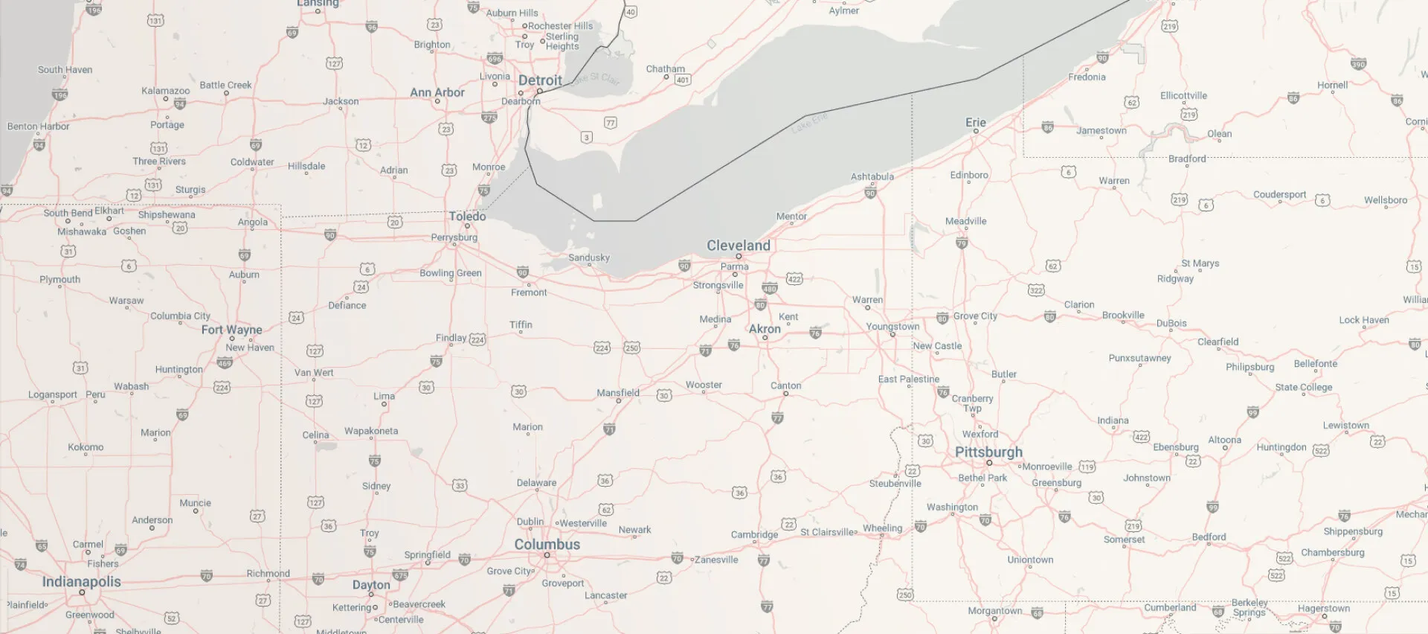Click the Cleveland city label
[x=738, y=245]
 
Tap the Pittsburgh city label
[x=988, y=452]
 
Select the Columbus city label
[x=547, y=544]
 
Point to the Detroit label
[x=540, y=80]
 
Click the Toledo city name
[x=467, y=216]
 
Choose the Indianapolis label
[x=81, y=581]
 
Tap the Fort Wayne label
[x=231, y=329]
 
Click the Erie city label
[x=975, y=122]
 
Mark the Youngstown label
[x=892, y=326]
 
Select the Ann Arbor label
[x=437, y=92]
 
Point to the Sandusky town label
[x=588, y=257]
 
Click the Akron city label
[x=765, y=328]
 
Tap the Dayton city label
[x=371, y=584]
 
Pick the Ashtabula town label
[x=872, y=176]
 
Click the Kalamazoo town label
[x=165, y=90]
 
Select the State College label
[x=1303, y=387]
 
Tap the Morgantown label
[x=994, y=610]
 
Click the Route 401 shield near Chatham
[x=682, y=80]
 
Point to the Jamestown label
[x=1101, y=130]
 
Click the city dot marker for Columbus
[x=547, y=555]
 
